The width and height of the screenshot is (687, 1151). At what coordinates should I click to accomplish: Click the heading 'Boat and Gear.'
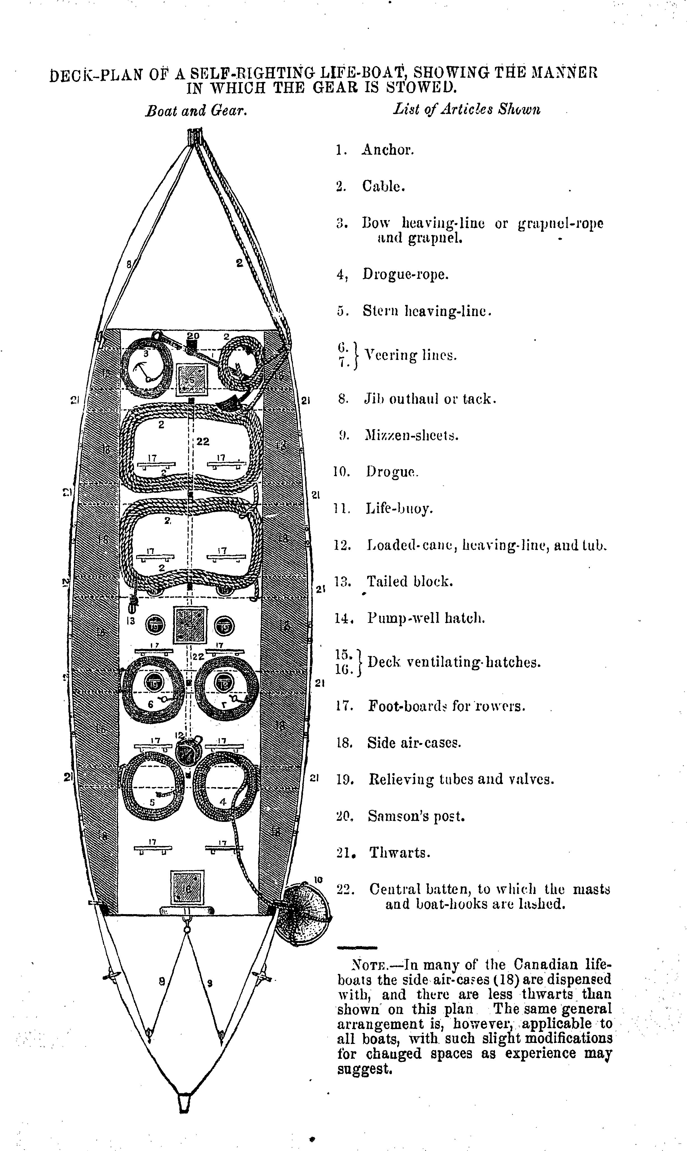coord(195,111)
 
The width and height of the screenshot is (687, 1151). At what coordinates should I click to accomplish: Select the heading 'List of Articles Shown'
coord(467,110)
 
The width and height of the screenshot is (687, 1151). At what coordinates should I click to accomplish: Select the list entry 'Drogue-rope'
coord(405,274)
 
